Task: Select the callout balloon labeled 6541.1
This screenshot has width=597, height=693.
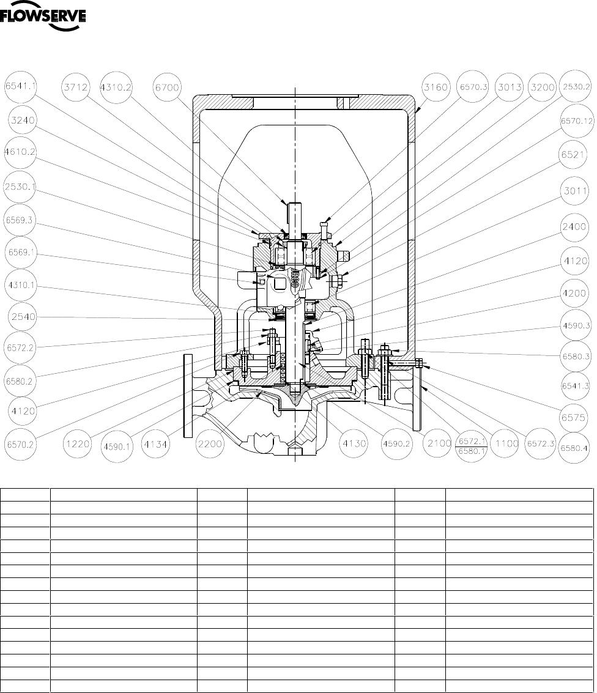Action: coord(20,87)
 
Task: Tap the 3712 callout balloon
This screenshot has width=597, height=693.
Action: coord(76,87)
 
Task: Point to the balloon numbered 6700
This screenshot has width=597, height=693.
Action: coord(167,87)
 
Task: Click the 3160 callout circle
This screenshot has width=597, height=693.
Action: coord(436,87)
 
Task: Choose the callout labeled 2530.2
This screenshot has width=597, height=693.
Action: coord(576,87)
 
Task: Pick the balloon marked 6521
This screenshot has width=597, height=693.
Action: coord(573,155)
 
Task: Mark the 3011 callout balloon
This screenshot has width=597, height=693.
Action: coord(576,191)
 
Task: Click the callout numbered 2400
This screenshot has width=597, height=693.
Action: coord(574,227)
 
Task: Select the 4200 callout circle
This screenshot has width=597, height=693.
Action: coord(574,293)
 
